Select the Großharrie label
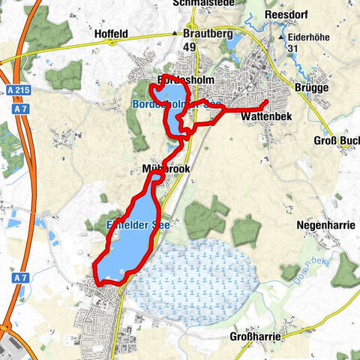(255, 337)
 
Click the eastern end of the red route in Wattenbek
(268, 100)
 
